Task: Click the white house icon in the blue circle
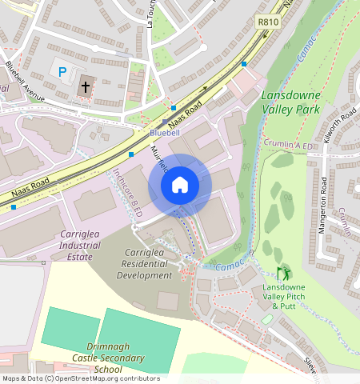click(x=180, y=185)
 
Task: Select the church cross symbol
click(x=85, y=87)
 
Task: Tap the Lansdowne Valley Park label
click(x=290, y=102)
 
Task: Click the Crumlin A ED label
click(x=291, y=145)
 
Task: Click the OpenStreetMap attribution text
click(x=80, y=378)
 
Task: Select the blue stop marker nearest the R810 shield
click(x=244, y=64)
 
